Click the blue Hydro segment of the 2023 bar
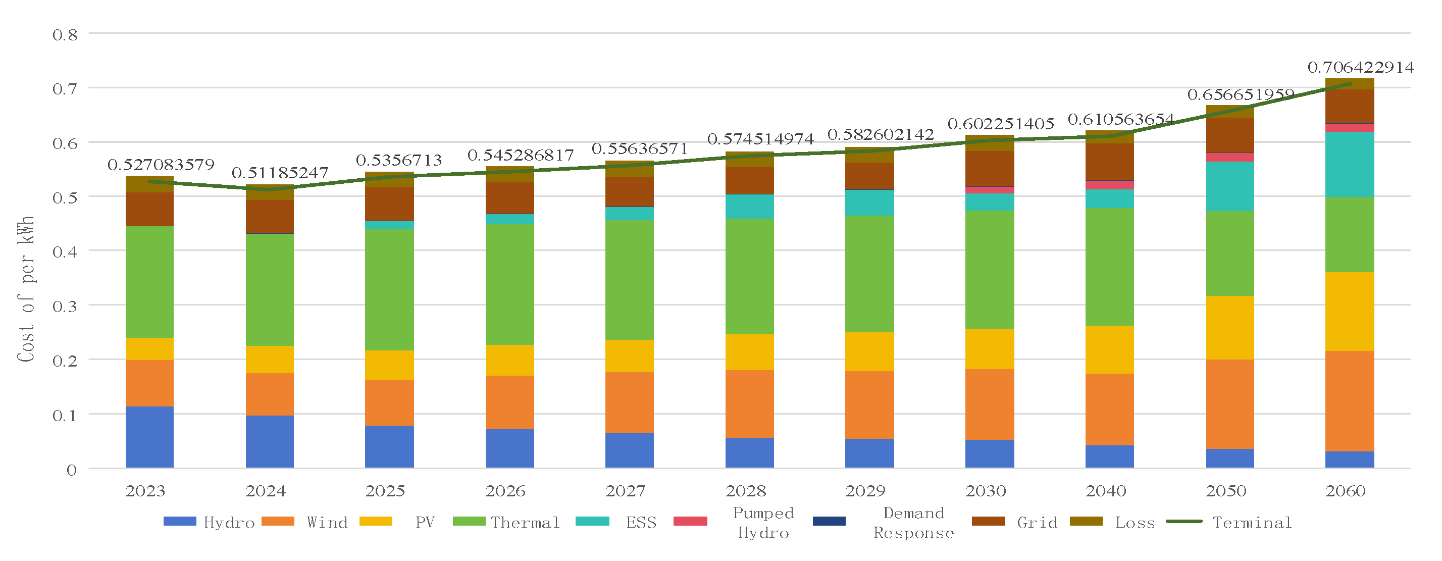tap(149, 437)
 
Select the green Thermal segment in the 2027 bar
tap(629, 280)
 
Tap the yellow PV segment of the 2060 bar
tap(1349, 311)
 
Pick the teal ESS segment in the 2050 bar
tap(1229, 186)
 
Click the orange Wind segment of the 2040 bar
tap(1109, 410)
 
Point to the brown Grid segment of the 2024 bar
tap(270, 217)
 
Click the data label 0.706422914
tap(1360, 68)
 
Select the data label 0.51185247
tap(280, 173)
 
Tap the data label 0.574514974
tap(760, 139)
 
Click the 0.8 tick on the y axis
tap(65, 35)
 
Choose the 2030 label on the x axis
tap(986, 491)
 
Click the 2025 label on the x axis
tap(385, 491)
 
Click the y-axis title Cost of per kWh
tap(26, 288)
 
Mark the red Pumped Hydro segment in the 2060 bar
tap(1349, 128)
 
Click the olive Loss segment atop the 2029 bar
tap(869, 155)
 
